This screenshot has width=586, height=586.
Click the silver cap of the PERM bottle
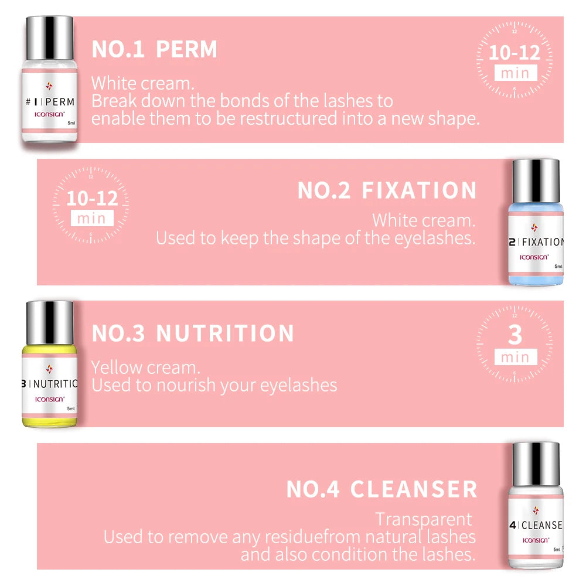coord(49,38)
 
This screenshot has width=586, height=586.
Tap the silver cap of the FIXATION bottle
coord(536,181)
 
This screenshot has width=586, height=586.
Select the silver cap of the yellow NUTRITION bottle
coord(49,322)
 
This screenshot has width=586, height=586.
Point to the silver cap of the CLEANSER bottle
coord(536,464)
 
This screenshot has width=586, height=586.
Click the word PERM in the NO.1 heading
coord(186,49)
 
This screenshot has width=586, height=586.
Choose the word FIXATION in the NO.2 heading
coord(419,190)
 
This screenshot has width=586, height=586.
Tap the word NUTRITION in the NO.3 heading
coord(225,333)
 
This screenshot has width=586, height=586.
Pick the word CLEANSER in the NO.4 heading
coord(413,489)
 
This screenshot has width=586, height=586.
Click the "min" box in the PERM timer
coord(516,73)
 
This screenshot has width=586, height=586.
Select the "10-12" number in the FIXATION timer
coord(92,198)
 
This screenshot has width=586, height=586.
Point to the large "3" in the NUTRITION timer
coord(515,335)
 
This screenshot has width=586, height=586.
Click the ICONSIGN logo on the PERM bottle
coord(49,114)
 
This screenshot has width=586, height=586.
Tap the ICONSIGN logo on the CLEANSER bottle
coord(536,540)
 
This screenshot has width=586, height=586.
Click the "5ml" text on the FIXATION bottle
coord(558,267)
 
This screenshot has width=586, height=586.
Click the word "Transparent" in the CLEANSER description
coord(424,519)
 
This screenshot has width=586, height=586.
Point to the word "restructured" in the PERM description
coord(288,118)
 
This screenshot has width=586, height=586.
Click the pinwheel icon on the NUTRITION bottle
coord(49,369)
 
